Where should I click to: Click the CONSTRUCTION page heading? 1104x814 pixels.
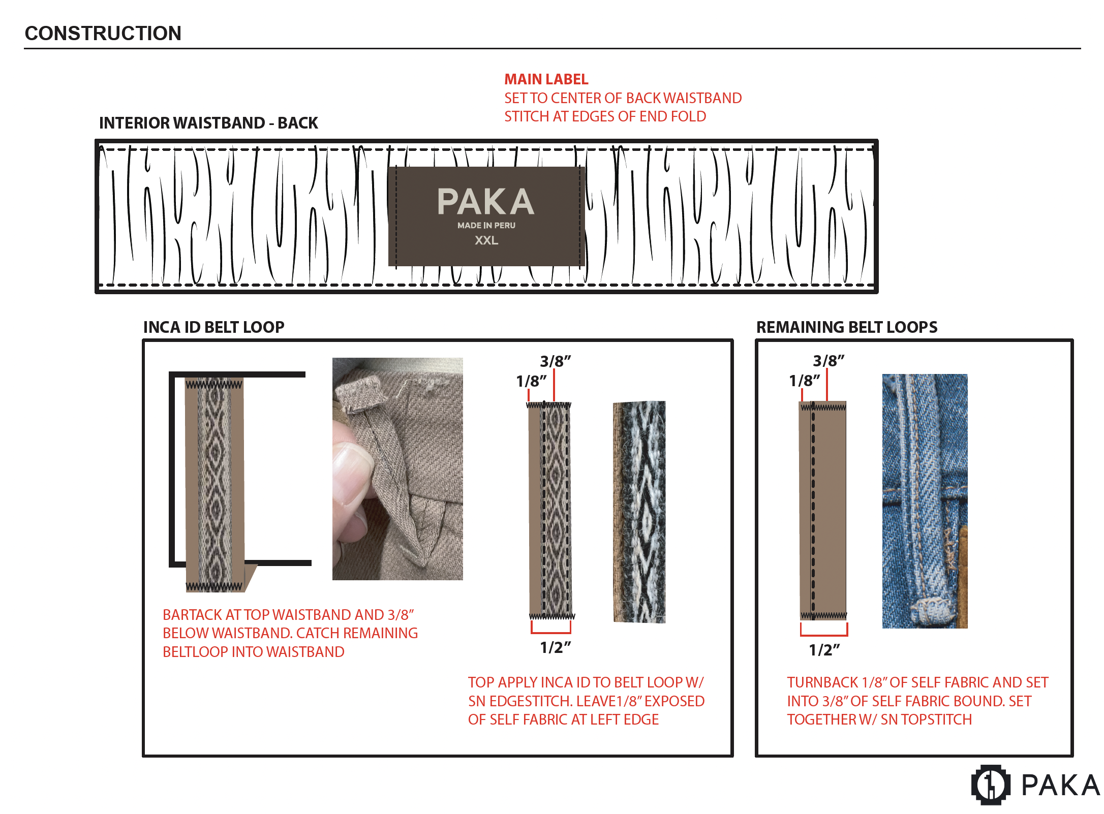(x=103, y=34)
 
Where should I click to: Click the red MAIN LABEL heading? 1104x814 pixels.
(x=546, y=79)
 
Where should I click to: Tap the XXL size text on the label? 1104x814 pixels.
(x=486, y=240)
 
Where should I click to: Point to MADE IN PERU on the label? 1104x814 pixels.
(x=486, y=225)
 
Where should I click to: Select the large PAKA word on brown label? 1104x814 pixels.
(x=485, y=202)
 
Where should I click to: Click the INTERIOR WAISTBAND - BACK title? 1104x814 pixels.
(x=208, y=123)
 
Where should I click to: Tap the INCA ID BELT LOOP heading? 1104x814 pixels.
(x=213, y=327)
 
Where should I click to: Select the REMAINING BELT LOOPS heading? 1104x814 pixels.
(x=846, y=327)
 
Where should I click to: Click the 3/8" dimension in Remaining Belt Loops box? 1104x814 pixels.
(x=828, y=361)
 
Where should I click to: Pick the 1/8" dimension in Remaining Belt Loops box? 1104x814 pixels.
(x=804, y=381)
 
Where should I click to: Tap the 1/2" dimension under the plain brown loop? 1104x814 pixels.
(x=824, y=650)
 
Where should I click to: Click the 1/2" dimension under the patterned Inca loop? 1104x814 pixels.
(x=555, y=648)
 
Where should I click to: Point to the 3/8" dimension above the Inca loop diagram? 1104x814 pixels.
(x=555, y=361)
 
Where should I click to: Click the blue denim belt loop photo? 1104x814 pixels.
(x=924, y=500)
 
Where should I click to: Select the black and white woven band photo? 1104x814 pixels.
(x=639, y=512)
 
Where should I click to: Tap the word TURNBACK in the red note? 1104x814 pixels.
(x=822, y=682)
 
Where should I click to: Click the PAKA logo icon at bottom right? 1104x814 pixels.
(x=990, y=785)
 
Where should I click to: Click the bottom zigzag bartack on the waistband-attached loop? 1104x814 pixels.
(x=214, y=586)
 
